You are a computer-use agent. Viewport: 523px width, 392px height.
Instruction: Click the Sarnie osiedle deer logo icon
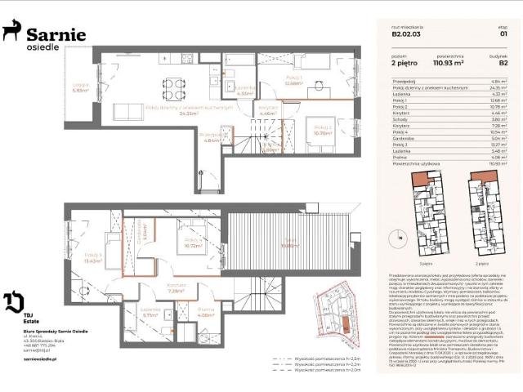(12, 32)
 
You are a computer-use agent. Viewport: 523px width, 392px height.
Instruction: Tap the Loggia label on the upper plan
(79, 87)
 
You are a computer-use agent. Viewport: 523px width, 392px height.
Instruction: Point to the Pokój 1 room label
(294, 80)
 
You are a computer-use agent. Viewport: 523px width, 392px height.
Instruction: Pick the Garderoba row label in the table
(404, 140)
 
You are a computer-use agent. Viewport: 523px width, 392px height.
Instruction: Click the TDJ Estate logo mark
(13, 301)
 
